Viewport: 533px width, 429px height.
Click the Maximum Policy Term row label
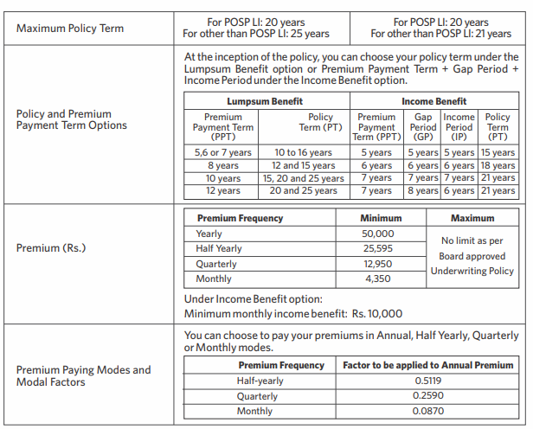(x=70, y=29)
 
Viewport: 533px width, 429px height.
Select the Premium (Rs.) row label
(x=53, y=248)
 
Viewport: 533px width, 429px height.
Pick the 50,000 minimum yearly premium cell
(x=378, y=234)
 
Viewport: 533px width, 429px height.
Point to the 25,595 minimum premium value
(x=378, y=248)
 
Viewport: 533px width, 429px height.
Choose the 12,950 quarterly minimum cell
(x=378, y=264)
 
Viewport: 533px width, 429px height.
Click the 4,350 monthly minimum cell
(x=378, y=279)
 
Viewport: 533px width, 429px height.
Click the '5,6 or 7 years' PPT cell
(x=223, y=152)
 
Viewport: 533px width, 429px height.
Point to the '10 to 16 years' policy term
(x=303, y=152)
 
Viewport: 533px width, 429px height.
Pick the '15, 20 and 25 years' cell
(x=303, y=178)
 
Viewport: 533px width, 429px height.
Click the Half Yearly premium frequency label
(x=219, y=248)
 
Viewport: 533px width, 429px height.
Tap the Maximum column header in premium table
(x=472, y=218)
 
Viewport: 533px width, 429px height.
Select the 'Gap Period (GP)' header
(x=423, y=126)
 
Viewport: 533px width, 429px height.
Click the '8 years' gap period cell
(x=423, y=190)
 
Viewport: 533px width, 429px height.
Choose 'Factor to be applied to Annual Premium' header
(x=429, y=365)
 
